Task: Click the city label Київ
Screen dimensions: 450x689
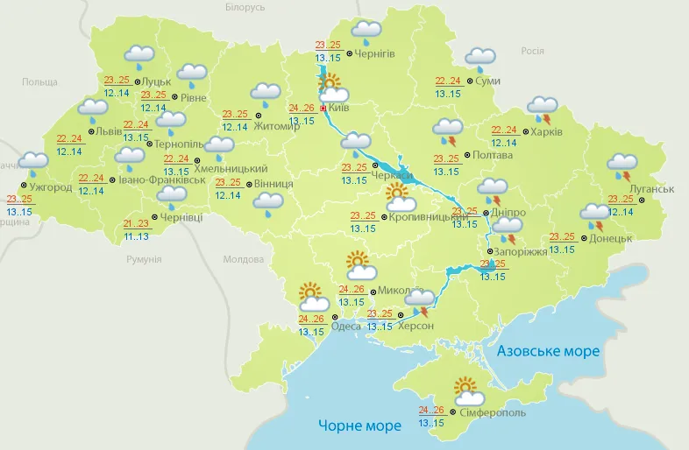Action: [x=339, y=109]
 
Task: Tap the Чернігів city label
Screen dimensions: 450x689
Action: [x=375, y=53]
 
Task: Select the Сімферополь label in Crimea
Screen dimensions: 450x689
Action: [x=492, y=411]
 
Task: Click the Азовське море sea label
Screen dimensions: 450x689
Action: [x=548, y=351]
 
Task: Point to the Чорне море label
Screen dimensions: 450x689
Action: [x=359, y=425]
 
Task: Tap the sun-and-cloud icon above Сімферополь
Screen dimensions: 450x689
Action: [x=465, y=390]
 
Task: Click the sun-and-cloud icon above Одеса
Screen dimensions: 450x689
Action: [x=313, y=296]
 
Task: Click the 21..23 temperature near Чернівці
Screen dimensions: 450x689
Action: [x=136, y=223]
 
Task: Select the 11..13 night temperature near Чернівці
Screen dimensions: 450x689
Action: [x=136, y=236]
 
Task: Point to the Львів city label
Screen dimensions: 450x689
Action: [x=109, y=131]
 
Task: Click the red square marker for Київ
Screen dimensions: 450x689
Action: [x=323, y=109]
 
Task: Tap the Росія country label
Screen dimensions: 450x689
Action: [x=532, y=51]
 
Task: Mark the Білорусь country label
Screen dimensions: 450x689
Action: [x=245, y=7]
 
